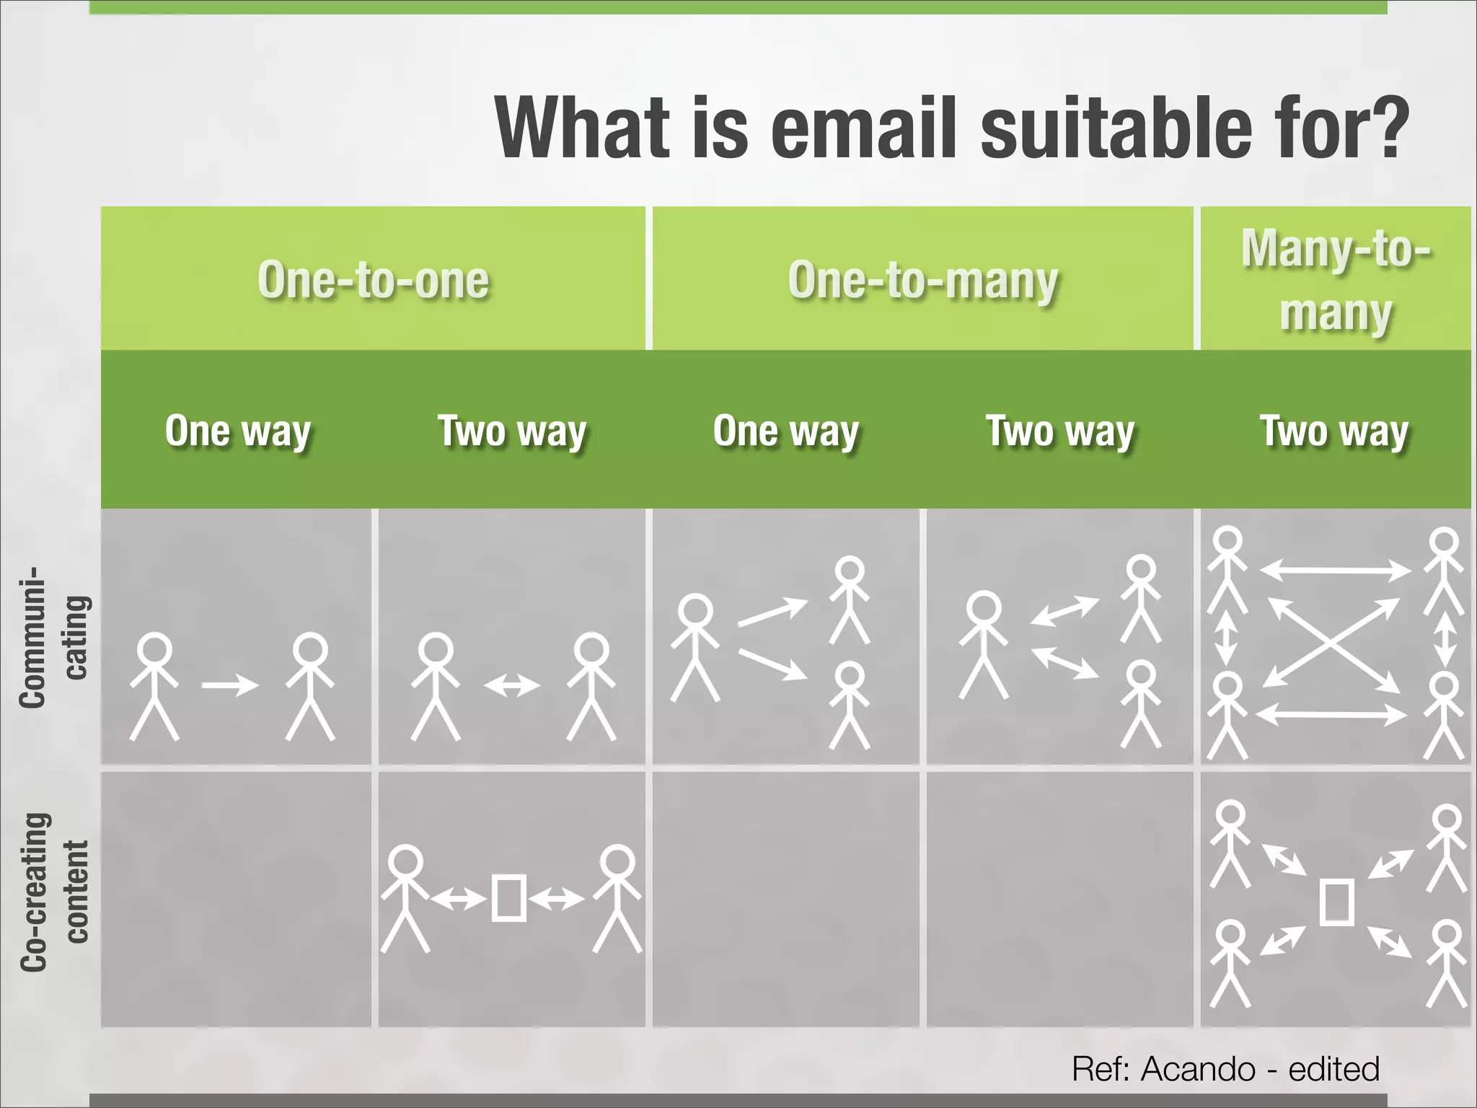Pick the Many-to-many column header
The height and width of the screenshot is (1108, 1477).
1336,280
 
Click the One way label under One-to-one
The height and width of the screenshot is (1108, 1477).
238,431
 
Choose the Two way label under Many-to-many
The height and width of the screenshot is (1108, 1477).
1334,431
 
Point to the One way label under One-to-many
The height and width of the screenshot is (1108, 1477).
786,431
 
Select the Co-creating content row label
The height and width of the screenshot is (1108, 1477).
54,892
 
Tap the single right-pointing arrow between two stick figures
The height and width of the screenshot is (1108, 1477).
230,685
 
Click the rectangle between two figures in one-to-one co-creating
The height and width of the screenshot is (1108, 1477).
508,898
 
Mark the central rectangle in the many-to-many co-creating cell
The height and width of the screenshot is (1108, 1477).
1336,902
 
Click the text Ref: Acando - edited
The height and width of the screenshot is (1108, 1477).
1225,1068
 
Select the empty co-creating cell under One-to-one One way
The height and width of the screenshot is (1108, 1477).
236,899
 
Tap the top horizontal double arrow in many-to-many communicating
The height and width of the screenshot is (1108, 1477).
1335,571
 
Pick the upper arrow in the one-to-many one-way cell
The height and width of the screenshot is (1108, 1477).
772,612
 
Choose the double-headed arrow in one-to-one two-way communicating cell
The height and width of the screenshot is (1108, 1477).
511,685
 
